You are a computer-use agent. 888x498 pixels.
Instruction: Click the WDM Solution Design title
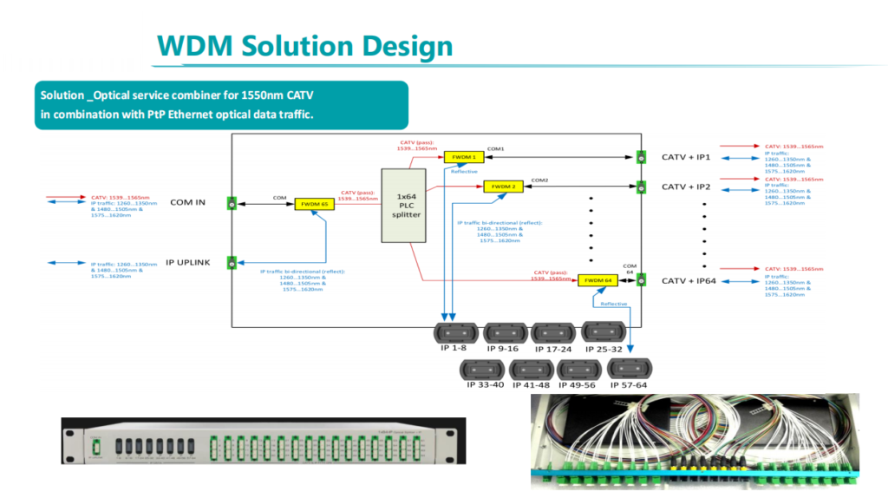coord(304,46)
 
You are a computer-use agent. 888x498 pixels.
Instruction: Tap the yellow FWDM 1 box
coord(464,157)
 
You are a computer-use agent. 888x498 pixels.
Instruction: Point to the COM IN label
coord(187,203)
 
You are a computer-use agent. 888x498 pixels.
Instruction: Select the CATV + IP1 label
coord(686,157)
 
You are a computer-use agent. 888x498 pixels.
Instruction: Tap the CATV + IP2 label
coord(686,187)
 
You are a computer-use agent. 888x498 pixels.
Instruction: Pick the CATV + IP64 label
coord(689,280)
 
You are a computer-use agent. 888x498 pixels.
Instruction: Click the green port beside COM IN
coord(232,203)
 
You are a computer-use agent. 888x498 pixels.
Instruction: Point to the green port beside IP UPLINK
coord(232,262)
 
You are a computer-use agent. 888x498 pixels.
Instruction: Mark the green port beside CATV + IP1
coord(642,157)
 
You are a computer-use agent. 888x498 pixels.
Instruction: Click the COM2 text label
coord(539,180)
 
